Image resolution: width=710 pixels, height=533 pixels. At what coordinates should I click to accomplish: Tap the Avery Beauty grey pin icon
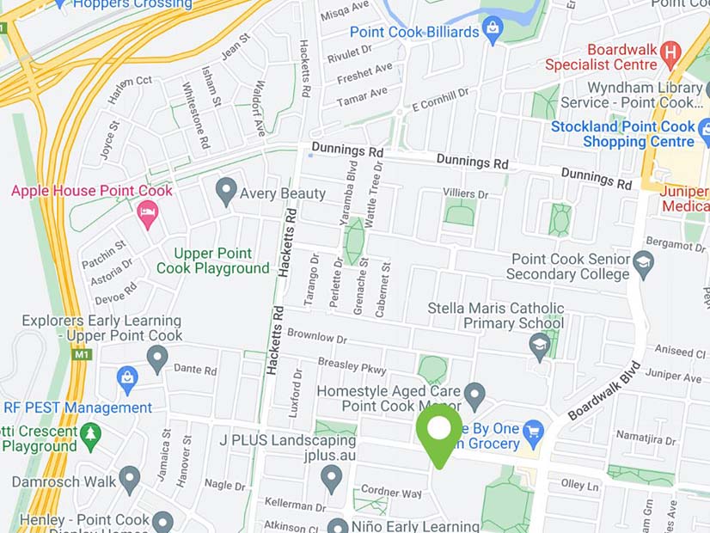click(226, 191)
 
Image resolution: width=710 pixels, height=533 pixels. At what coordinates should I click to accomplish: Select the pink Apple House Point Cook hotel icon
click(148, 214)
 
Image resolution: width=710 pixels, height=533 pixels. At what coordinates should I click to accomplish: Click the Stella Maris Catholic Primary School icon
click(539, 346)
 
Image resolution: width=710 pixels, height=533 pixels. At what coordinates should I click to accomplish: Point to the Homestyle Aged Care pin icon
click(474, 396)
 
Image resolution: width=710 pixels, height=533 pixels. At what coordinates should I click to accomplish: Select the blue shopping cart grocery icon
click(534, 429)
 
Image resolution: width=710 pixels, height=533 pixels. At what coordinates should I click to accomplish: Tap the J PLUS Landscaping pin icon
click(332, 477)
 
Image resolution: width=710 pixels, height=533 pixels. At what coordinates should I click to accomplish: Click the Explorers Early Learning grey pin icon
click(156, 358)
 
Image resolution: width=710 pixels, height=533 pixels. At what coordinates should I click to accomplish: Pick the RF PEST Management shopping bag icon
click(127, 377)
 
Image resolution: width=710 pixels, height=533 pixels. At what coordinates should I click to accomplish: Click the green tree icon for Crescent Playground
click(90, 436)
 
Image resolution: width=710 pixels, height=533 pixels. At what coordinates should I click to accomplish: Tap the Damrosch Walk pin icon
click(129, 478)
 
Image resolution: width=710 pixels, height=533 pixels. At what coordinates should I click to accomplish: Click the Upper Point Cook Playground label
click(212, 260)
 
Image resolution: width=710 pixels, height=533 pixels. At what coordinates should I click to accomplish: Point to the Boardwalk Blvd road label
click(604, 389)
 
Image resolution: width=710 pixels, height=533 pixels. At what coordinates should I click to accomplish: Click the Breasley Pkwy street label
click(352, 365)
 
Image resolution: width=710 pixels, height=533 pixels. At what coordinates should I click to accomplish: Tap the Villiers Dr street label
click(465, 194)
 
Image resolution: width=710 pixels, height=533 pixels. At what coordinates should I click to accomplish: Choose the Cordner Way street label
click(391, 493)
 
